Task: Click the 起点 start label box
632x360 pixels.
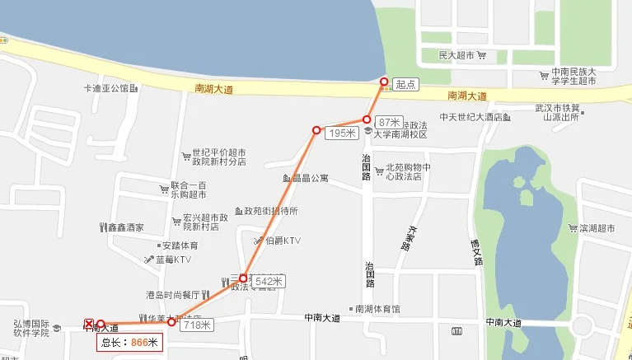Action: pos(404,84)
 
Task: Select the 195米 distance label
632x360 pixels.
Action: pos(341,133)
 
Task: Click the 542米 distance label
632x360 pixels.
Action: pos(269,282)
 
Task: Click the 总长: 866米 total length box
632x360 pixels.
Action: pos(131,341)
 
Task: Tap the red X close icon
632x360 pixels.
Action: pos(89,323)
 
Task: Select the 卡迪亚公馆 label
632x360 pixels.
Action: pos(106,88)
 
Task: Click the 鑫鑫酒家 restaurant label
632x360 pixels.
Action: pos(126,227)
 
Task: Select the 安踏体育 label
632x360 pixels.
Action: pos(180,245)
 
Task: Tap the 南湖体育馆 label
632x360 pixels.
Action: pos(377,309)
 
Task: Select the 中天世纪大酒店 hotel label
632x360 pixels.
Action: pos(471,117)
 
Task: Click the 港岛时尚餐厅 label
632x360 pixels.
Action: pos(173,294)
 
